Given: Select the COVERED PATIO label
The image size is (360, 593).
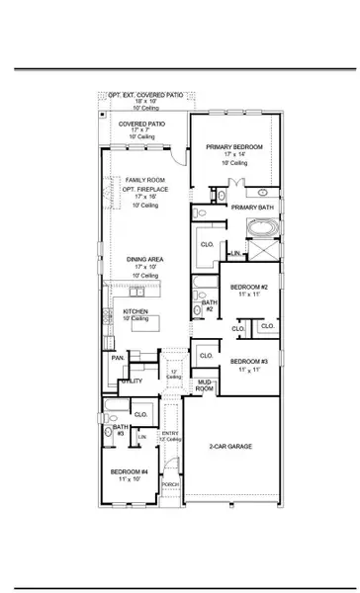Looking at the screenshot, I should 139,125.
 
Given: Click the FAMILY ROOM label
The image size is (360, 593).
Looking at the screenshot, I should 140,179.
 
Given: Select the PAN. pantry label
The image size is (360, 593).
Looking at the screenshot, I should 117,358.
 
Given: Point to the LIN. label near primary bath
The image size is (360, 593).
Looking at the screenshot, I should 235,255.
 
